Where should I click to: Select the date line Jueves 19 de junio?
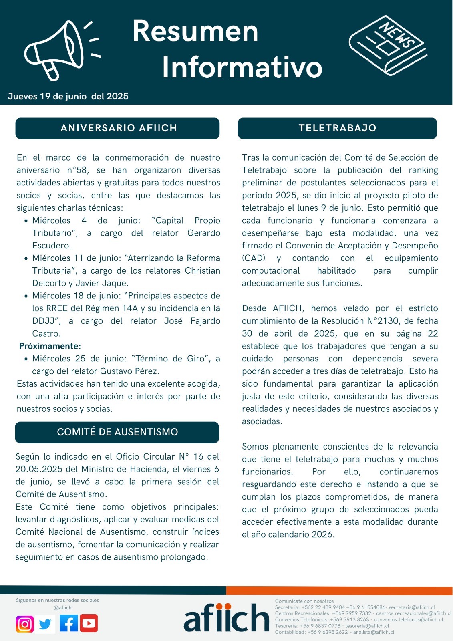pyautogui.click(x=68, y=96)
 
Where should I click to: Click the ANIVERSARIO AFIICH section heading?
pyautogui.click(x=118, y=128)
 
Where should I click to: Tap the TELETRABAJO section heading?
pyautogui.click(x=337, y=128)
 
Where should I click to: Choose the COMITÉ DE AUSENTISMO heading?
pyautogui.click(x=117, y=432)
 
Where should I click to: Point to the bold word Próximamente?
pyautogui.click(x=50, y=346)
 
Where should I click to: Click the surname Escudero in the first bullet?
pyautogui.click(x=52, y=246)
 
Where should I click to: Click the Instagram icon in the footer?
pyautogui.click(x=25, y=624)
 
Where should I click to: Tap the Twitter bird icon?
pyautogui.click(x=45, y=624)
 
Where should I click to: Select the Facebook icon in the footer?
pyautogui.click(x=68, y=623)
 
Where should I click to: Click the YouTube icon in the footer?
pyautogui.click(x=89, y=623)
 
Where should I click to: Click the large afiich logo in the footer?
pyautogui.click(x=226, y=618)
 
